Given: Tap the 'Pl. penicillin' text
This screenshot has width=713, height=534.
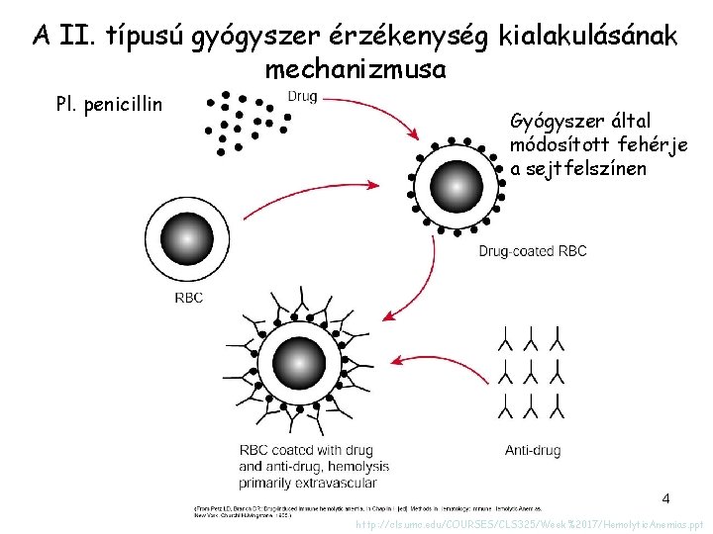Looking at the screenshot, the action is (111, 103).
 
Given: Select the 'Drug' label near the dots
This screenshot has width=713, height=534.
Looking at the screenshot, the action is (301, 97).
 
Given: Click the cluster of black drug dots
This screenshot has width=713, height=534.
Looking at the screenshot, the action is (244, 121).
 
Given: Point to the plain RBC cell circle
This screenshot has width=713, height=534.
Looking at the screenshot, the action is (184, 238).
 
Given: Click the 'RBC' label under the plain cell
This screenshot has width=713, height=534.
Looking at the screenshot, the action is (188, 297).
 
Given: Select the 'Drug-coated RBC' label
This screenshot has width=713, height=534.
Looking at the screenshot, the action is (533, 251).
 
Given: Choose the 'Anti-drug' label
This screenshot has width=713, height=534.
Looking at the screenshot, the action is (533, 450).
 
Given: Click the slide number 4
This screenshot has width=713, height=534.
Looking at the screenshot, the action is (665, 497).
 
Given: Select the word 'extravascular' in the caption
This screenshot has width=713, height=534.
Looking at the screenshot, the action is (335, 483).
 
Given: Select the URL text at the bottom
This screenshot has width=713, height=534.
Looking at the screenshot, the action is (529, 525).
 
